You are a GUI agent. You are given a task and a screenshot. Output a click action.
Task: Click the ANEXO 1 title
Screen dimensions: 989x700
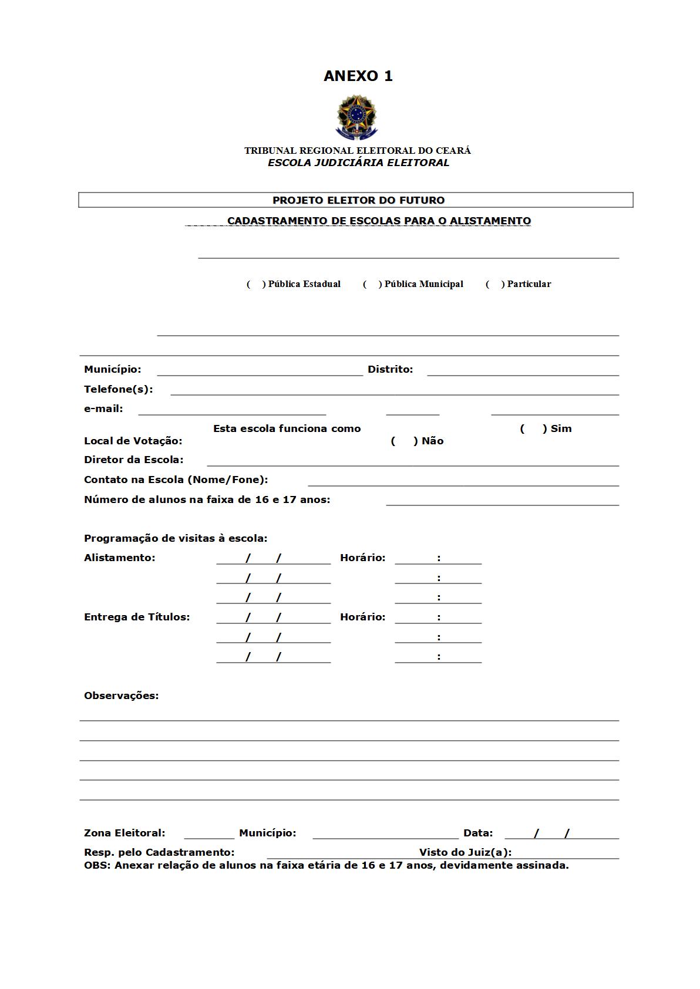click(x=358, y=76)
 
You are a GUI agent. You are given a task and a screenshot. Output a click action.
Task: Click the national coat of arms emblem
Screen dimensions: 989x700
click(x=356, y=117)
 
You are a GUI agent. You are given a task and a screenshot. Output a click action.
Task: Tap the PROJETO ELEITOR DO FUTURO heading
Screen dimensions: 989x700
click(x=358, y=200)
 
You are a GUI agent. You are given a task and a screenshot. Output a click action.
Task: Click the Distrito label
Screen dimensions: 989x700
click(x=390, y=369)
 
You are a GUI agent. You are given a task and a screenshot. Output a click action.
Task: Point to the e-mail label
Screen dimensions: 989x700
click(x=103, y=409)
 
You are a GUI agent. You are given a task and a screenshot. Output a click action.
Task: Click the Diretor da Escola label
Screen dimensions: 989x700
click(x=133, y=460)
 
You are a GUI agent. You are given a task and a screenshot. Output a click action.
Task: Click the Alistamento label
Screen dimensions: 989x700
click(x=119, y=558)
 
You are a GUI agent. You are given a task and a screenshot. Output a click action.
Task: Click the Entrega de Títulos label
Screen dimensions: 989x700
click(x=137, y=617)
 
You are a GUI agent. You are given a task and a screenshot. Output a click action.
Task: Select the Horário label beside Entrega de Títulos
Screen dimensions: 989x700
click(x=362, y=617)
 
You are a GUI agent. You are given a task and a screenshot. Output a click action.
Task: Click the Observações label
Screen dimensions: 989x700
click(x=121, y=696)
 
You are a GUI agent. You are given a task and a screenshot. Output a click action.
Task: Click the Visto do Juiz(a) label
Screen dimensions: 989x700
click(x=465, y=852)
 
